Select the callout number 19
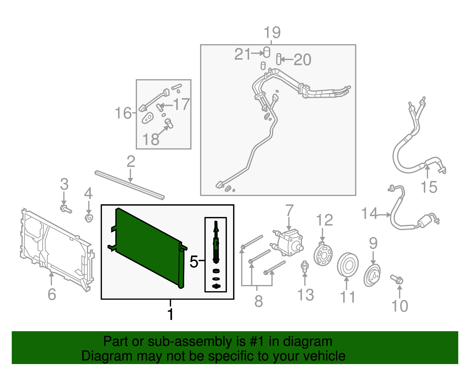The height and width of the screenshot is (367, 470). pyautogui.click(x=272, y=33)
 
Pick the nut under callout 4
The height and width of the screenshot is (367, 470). pyautogui.click(x=89, y=218)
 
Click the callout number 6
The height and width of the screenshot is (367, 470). pyautogui.click(x=52, y=294)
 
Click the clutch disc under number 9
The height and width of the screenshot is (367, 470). pyautogui.click(x=372, y=275)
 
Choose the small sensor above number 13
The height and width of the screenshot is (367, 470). pyautogui.click(x=305, y=266)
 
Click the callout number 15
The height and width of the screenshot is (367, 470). pyautogui.click(x=429, y=187)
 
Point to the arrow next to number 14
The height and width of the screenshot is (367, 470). pyautogui.click(x=384, y=215)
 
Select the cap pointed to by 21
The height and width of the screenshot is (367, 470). pyautogui.click(x=267, y=52)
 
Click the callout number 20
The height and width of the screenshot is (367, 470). pyautogui.click(x=302, y=60)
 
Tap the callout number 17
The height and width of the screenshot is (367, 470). pyautogui.click(x=182, y=104)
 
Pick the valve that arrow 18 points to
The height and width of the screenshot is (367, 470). pyautogui.click(x=169, y=123)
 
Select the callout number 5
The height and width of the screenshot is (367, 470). pyautogui.click(x=194, y=262)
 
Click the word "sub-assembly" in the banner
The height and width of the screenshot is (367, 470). pyautogui.click(x=197, y=341)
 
